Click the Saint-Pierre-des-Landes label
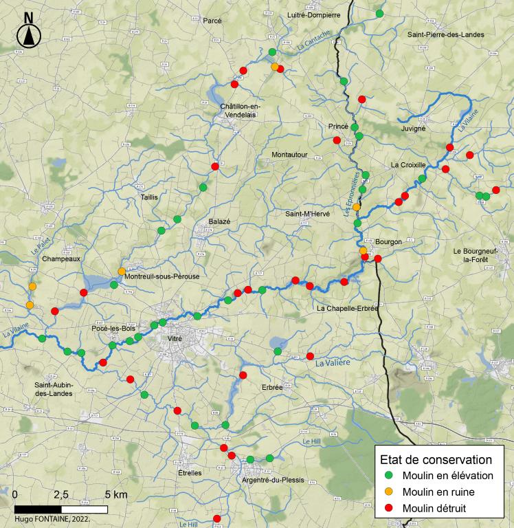pos(445,34)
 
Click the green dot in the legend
pos(389,476)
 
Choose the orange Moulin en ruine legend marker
pos(389,492)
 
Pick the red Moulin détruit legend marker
pos(389,509)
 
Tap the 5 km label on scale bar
pos(116,495)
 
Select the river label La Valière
pos(333,362)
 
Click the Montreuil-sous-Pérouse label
pos(162,276)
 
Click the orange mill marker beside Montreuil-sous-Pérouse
pos(122,271)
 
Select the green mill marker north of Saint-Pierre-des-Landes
pos(379,13)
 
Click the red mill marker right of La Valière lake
pos(310,356)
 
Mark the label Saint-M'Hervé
pos(308,214)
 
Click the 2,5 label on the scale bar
pos(60,495)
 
